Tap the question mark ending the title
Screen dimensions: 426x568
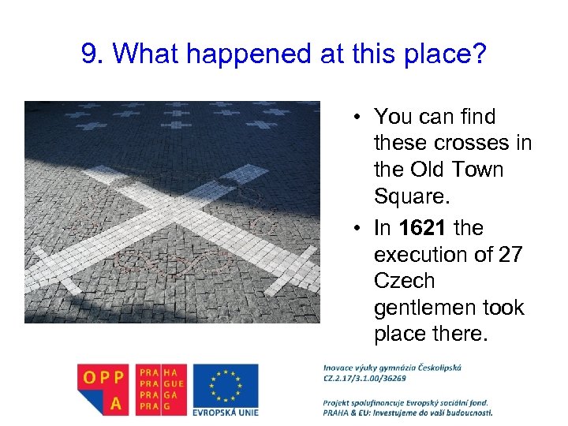point(480,54)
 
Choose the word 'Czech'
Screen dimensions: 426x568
point(404,282)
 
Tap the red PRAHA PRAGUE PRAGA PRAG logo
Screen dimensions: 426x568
point(161,388)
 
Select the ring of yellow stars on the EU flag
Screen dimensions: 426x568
point(225,384)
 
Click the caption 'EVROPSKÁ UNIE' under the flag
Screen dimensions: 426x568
point(225,412)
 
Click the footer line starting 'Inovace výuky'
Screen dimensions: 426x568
point(392,367)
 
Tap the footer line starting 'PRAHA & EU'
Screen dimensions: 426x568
point(407,412)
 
